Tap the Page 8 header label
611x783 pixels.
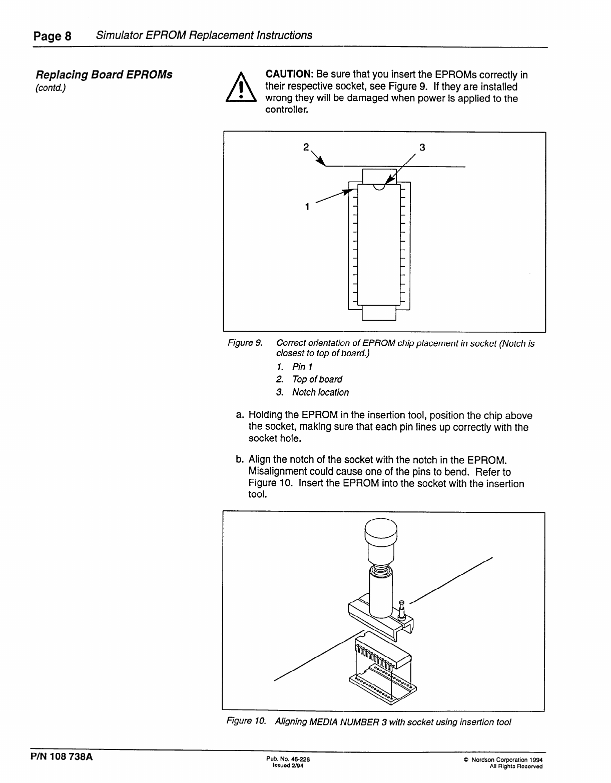tap(53, 36)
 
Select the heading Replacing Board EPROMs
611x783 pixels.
tap(104, 75)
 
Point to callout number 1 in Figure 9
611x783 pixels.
tap(307, 206)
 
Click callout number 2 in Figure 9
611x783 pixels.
tap(306, 147)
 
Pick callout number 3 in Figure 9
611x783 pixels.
tap(422, 147)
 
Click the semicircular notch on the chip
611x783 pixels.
tap(379, 187)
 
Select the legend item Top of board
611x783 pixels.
tap(317, 379)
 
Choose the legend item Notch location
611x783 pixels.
tap(320, 392)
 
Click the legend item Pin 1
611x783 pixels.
tap(302, 367)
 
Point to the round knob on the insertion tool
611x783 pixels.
tap(380, 532)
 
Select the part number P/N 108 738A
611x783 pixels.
tap(63, 756)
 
